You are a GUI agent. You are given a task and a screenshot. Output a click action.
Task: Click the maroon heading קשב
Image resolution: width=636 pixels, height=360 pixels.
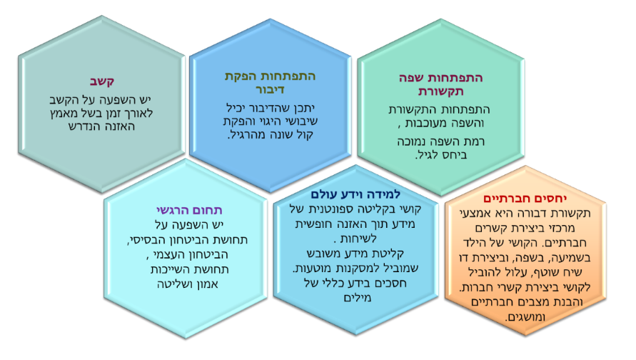[102, 81]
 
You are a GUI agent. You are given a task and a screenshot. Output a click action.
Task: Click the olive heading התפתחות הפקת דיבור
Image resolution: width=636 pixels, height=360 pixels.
[270, 82]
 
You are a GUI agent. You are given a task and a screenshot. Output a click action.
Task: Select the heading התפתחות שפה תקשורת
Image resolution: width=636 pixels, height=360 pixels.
[440, 84]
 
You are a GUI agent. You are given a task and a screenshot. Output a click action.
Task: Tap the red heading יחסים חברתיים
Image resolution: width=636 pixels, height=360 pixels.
[525, 199]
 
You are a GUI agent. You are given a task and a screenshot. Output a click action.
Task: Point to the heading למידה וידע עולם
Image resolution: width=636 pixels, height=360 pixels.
[355, 194]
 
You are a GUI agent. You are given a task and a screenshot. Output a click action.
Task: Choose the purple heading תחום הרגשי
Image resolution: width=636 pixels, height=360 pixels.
[189, 210]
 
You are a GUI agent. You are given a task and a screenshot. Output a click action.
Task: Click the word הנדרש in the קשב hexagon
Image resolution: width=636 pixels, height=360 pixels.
[83, 126]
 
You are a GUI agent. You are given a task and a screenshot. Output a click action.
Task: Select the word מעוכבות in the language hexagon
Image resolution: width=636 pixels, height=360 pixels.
[427, 123]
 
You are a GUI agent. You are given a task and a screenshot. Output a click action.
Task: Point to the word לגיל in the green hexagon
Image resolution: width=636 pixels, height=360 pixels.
[426, 155]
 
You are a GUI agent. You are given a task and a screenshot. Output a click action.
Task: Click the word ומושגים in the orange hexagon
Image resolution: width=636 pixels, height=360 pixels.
[525, 317]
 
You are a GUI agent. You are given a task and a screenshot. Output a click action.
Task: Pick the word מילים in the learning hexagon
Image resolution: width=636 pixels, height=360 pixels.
[358, 297]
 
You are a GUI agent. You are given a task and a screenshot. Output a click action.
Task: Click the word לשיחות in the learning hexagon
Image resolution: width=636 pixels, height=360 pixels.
[358, 239]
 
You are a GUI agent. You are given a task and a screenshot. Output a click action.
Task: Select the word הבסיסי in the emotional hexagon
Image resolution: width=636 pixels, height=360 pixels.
[147, 240]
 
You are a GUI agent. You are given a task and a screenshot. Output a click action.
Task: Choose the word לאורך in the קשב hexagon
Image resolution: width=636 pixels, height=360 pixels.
[138, 114]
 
